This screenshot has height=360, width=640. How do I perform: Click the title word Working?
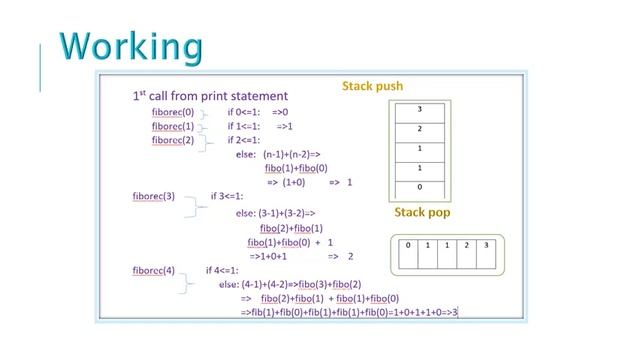(x=130, y=46)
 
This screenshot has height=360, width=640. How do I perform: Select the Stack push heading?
(x=372, y=87)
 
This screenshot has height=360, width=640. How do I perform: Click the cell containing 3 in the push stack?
(x=419, y=110)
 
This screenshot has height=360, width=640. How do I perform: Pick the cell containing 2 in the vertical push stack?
(x=419, y=129)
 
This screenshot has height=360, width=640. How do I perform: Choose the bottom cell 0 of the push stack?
(x=419, y=187)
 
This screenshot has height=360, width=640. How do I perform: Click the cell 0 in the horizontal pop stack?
(x=408, y=246)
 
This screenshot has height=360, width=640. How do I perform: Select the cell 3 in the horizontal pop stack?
(x=487, y=246)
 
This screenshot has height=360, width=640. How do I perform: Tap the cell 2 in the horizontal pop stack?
(x=467, y=246)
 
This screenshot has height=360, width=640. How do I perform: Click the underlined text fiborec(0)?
(x=173, y=113)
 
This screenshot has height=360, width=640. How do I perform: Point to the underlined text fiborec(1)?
(x=173, y=127)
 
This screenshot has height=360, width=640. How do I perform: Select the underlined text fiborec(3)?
(x=153, y=197)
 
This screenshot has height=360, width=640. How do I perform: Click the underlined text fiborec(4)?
(x=153, y=271)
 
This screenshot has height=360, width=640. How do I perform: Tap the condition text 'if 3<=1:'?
(x=227, y=197)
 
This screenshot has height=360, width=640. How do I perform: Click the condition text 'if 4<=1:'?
(x=223, y=271)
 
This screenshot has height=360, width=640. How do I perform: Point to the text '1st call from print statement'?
(x=210, y=96)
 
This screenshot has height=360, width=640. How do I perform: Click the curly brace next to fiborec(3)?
(x=201, y=205)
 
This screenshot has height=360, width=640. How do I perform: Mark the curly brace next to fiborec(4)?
(x=187, y=282)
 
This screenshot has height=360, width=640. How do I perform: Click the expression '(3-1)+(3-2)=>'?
(x=287, y=213)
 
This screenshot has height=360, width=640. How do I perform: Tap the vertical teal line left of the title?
(x=40, y=67)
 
